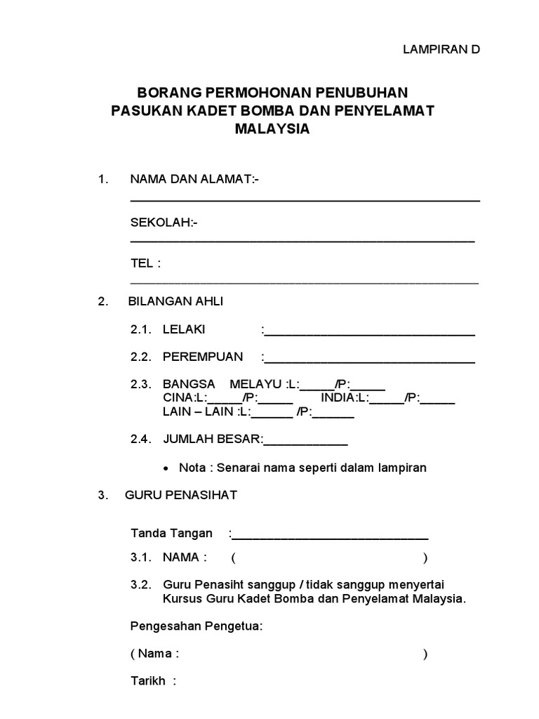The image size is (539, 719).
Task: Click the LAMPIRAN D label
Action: [x=441, y=49]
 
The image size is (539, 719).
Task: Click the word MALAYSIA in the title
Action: [x=273, y=130]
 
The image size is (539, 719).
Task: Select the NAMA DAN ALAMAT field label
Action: [x=194, y=180]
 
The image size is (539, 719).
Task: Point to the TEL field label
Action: [x=146, y=263]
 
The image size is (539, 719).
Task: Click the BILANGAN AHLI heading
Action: [x=175, y=301]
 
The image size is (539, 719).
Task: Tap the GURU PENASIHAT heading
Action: [x=181, y=495]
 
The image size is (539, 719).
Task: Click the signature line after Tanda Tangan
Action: [x=330, y=536]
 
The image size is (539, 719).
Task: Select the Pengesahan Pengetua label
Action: [x=197, y=626]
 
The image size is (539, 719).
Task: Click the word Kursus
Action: [x=182, y=599]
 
